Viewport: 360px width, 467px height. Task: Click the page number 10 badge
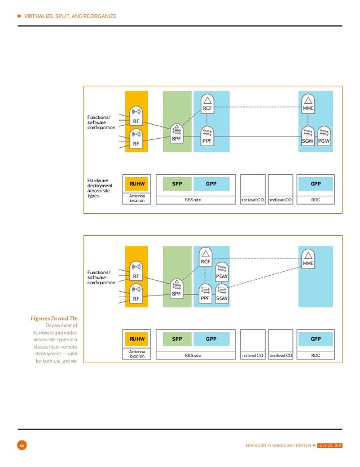pos(21,446)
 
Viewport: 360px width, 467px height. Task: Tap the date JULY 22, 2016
pos(330,446)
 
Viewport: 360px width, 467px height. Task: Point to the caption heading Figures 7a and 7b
pos(54,318)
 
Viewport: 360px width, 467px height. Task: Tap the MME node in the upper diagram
pos(308,104)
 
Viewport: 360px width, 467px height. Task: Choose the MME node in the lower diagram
pos(308,258)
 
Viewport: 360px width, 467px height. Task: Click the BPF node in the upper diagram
pos(175,134)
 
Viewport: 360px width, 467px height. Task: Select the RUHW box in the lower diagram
pos(137,339)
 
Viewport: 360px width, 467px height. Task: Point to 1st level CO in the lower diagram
pos(253,356)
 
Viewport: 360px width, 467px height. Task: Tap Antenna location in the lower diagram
pos(137,354)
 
